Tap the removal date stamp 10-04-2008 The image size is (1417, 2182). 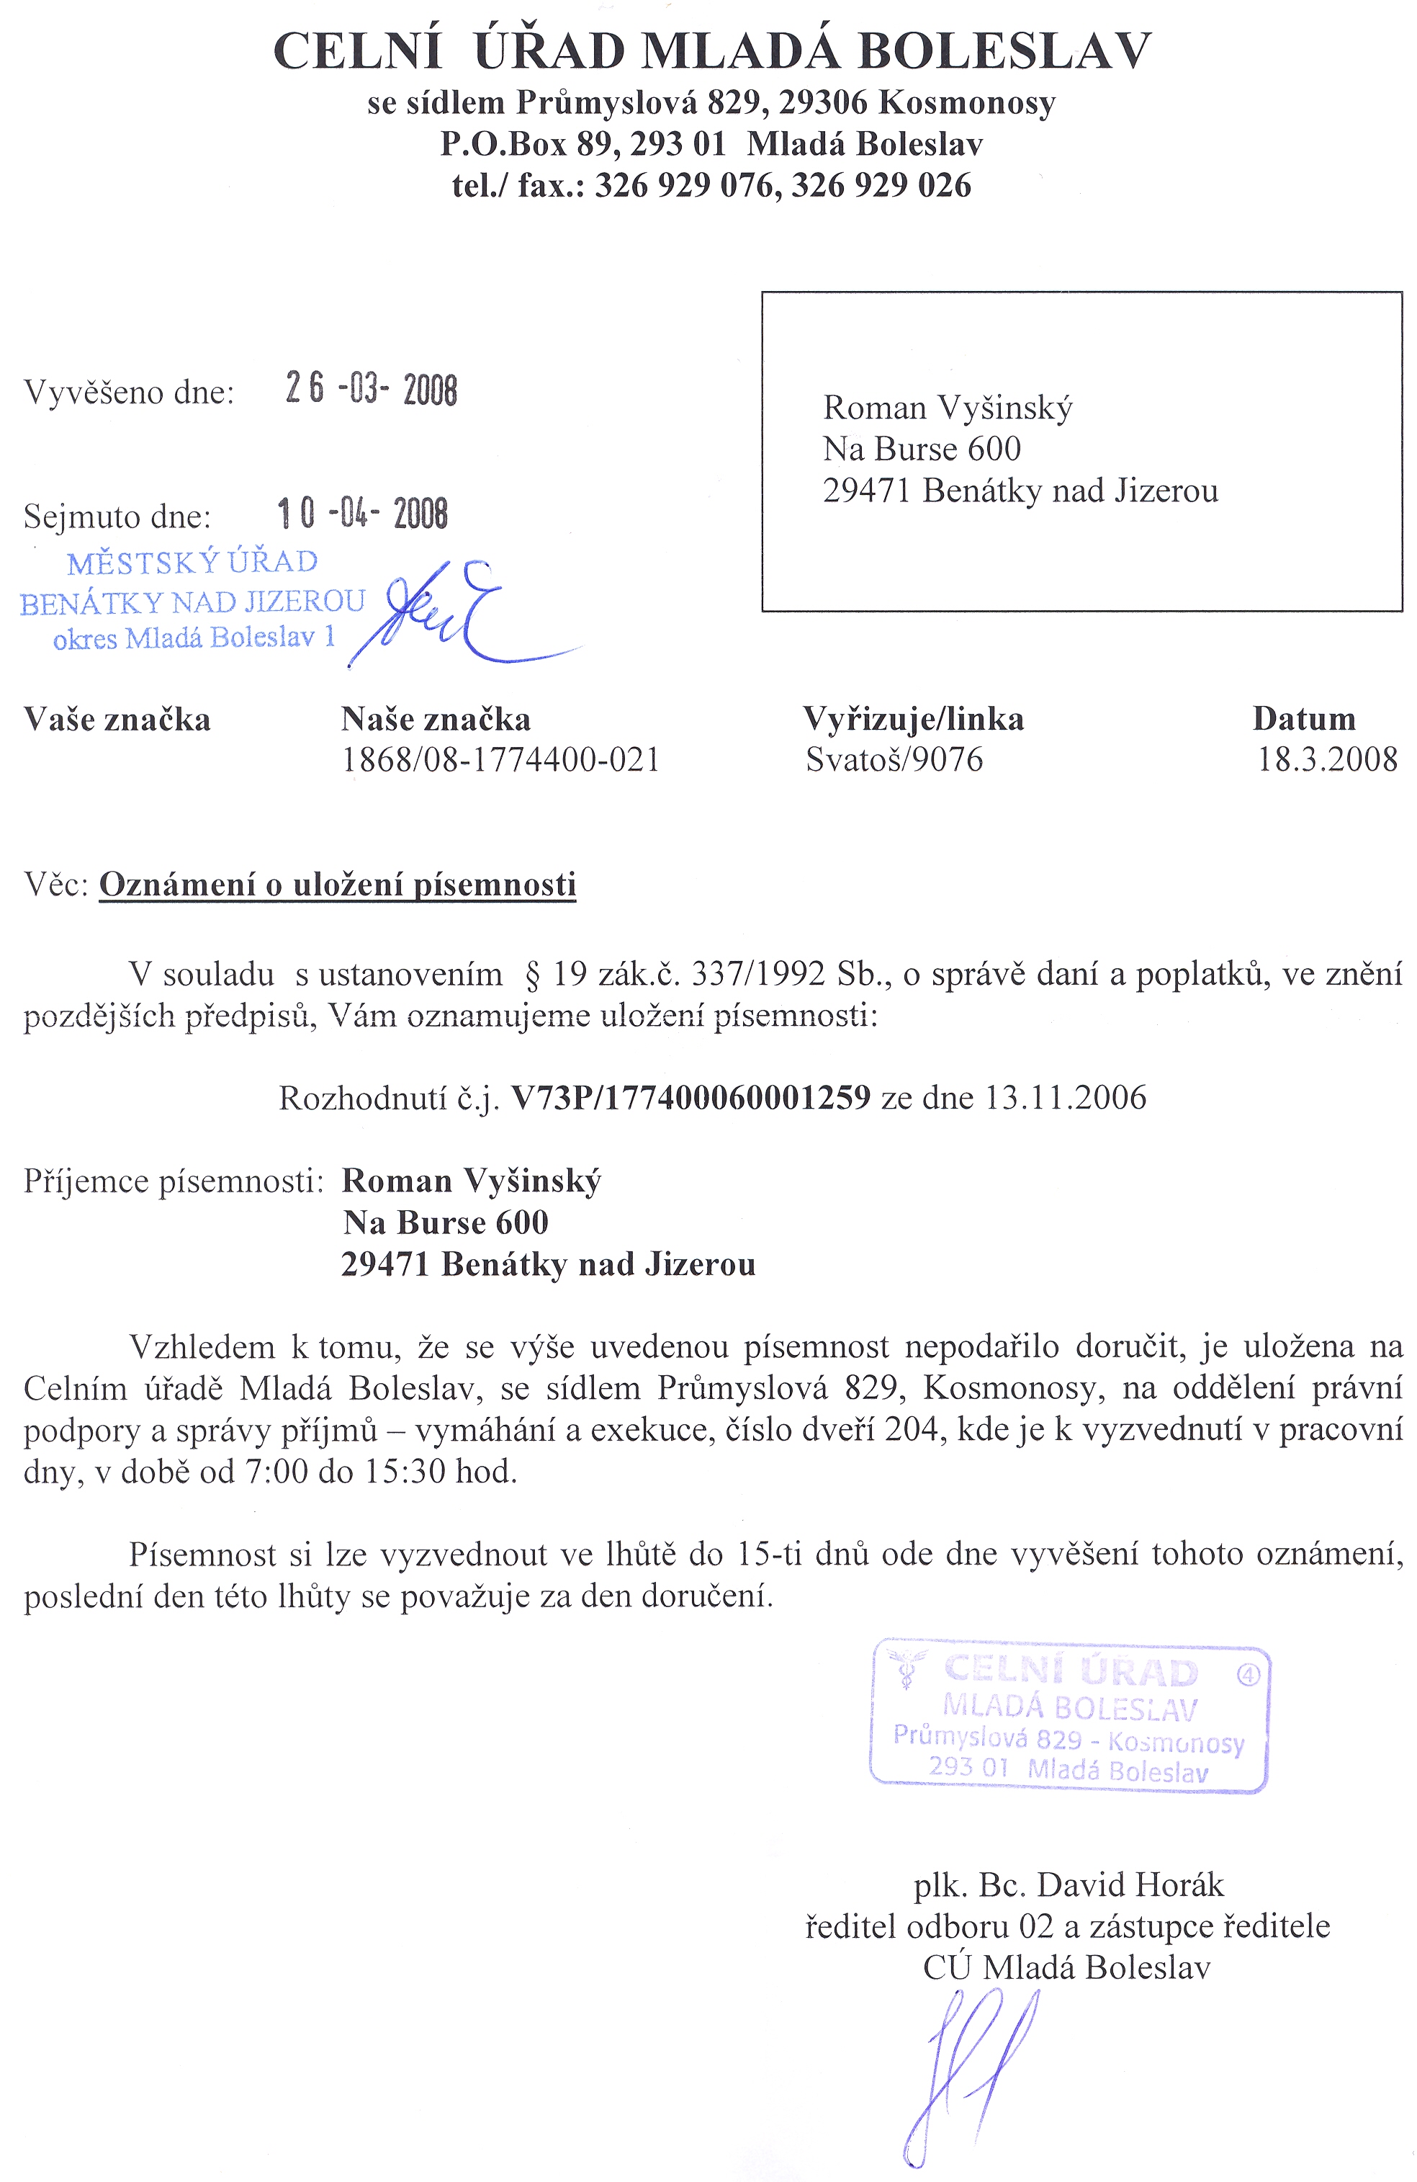(x=363, y=514)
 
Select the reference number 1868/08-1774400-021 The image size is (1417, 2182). (x=500, y=759)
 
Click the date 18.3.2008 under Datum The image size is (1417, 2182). (x=1326, y=759)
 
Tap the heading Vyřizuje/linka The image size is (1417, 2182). (x=913, y=719)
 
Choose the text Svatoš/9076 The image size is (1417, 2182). (x=894, y=759)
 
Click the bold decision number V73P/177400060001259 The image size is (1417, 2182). (x=690, y=1097)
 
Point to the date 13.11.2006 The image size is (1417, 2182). (x=1065, y=1097)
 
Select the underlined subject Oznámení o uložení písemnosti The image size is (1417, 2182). (x=337, y=885)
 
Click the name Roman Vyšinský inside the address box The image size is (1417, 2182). (x=947, y=407)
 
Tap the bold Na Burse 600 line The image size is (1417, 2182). (x=446, y=1222)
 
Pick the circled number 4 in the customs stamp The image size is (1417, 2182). (x=1249, y=1675)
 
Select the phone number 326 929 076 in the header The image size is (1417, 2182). (x=684, y=185)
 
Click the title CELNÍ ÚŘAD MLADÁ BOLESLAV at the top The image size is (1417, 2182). (x=712, y=51)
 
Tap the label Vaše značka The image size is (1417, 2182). (x=117, y=719)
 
